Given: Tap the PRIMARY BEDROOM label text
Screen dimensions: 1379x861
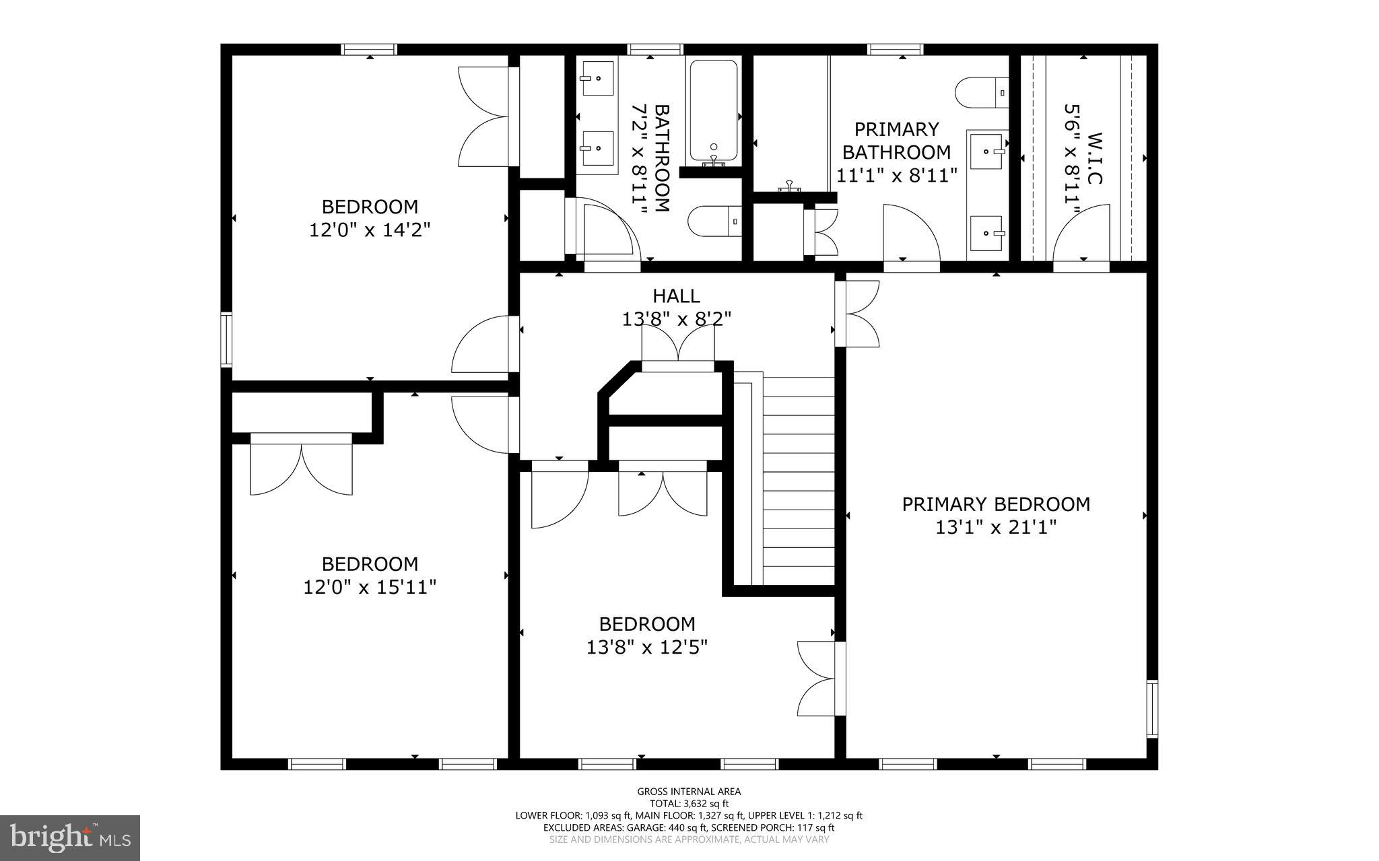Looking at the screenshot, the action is (x=996, y=504).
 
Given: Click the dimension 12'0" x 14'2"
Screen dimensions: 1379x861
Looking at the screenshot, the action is (x=370, y=230).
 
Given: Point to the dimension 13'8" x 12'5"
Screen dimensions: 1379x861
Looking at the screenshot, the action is (x=647, y=647).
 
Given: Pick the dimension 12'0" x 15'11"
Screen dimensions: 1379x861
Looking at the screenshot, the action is (x=370, y=587).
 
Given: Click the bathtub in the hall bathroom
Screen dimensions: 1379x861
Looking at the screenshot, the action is (x=712, y=112).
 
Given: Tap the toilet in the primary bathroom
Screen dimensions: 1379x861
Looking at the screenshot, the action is (x=982, y=93).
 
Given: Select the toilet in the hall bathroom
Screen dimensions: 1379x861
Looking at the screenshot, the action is (x=714, y=221).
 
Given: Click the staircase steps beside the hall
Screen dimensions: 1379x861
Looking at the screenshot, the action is (x=799, y=481).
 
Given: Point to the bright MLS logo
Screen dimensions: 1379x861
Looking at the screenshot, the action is (x=70, y=837).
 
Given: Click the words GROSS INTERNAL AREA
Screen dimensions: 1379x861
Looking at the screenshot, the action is (x=689, y=792).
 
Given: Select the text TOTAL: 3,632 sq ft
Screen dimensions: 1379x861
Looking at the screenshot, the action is (x=689, y=803).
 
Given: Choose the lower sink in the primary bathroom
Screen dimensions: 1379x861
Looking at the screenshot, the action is (x=986, y=234).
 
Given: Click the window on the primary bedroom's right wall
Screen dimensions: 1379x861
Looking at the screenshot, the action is (x=1152, y=709).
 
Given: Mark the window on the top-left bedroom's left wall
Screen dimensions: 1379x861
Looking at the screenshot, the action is (x=227, y=339).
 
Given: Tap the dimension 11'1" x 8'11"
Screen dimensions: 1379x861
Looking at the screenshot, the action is (x=897, y=176).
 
